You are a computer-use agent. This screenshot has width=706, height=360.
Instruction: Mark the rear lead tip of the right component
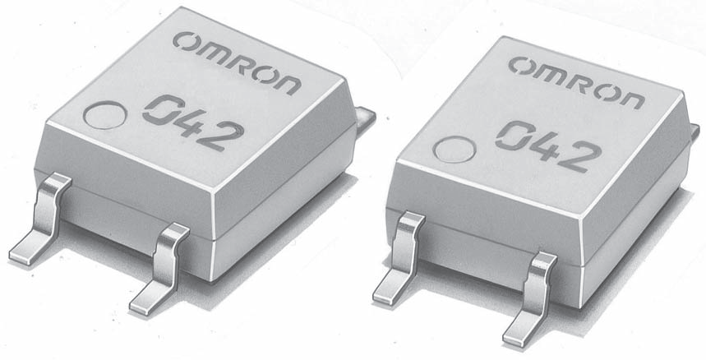coord(695,128)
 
